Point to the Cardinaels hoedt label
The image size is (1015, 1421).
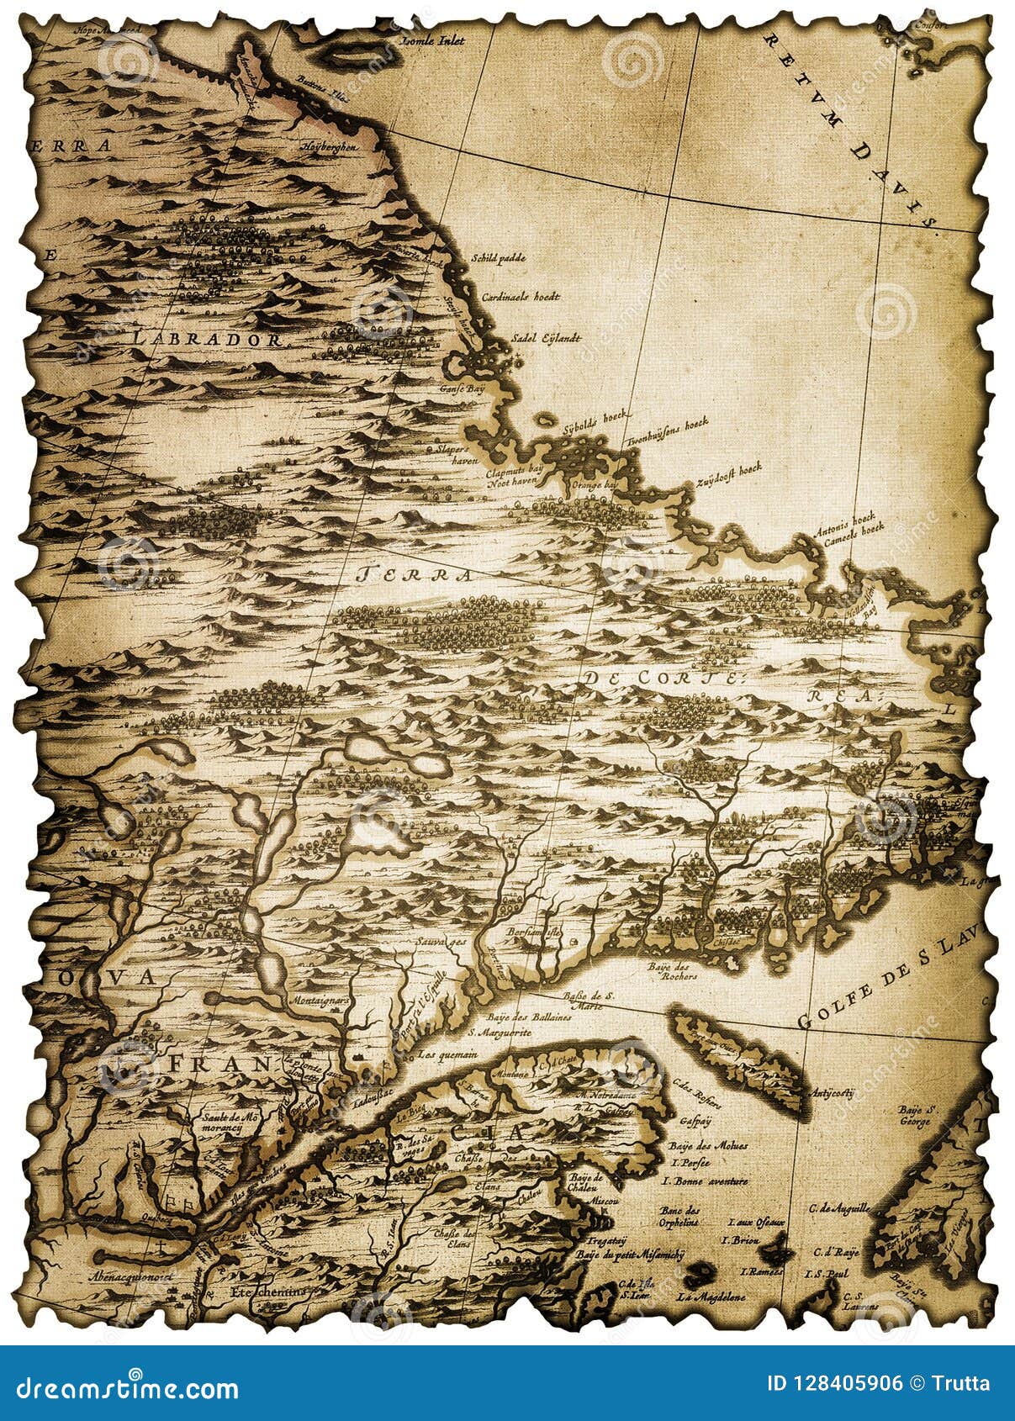pos(521,298)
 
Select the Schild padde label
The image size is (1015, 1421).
pos(499,258)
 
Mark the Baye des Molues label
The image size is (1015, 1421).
pos(708,1145)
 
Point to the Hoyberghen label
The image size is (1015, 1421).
pos(329,147)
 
